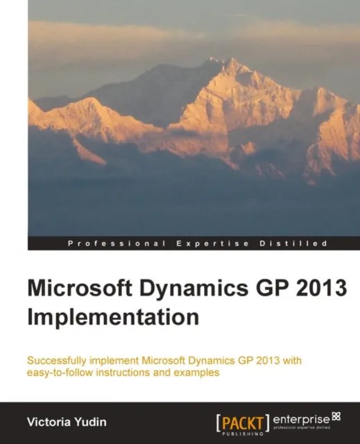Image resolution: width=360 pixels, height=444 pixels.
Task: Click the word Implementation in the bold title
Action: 113,316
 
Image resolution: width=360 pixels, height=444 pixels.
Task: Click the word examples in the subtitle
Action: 197,373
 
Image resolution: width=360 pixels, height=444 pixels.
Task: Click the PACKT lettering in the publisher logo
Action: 242,420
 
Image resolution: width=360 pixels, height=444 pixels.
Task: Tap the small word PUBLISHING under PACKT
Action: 242,432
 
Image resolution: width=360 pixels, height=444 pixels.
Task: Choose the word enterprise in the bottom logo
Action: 302,419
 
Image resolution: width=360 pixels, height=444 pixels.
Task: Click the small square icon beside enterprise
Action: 336,416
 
